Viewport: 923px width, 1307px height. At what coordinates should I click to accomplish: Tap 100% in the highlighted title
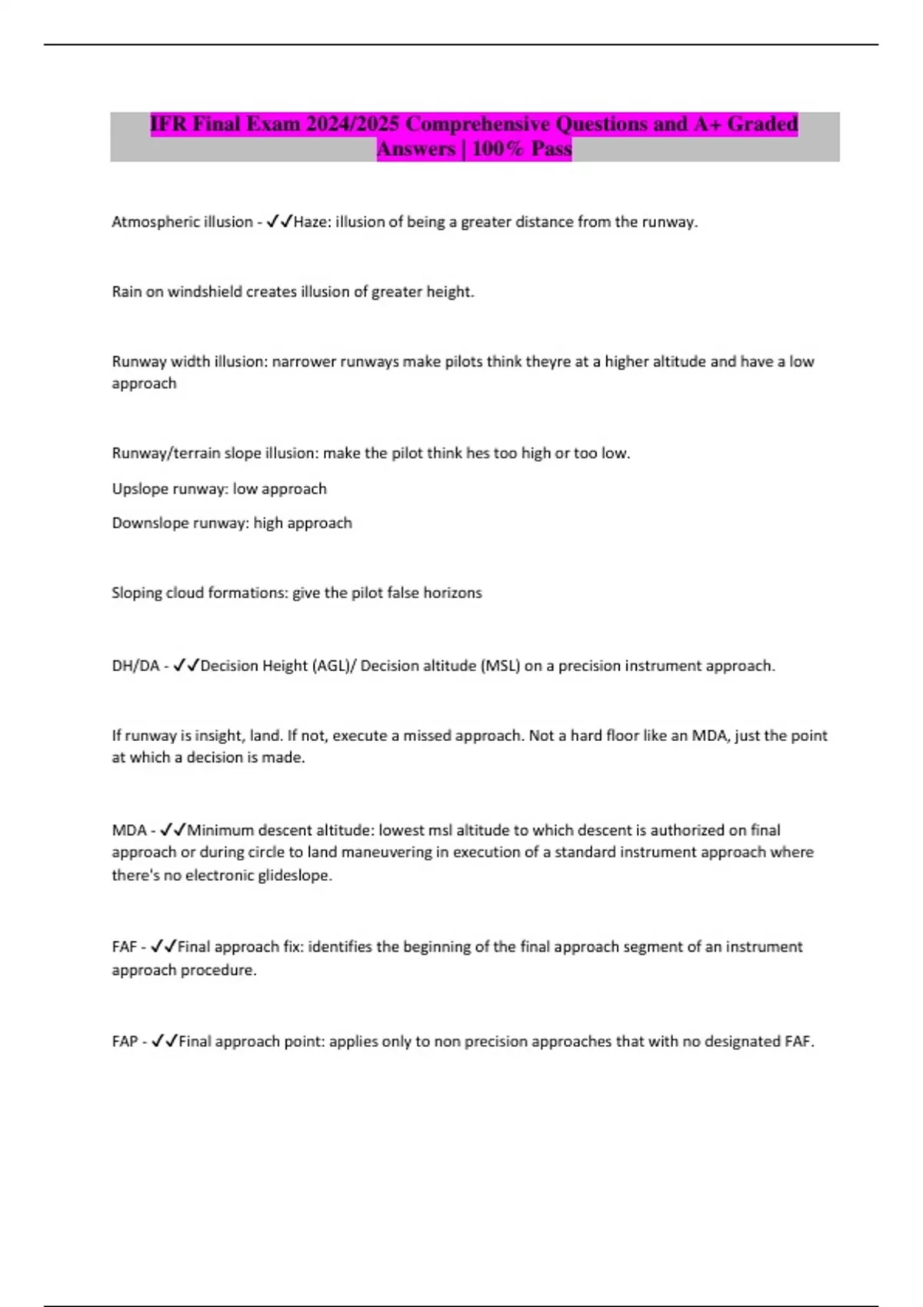click(x=497, y=148)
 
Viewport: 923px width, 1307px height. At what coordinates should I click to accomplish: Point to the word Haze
click(x=309, y=222)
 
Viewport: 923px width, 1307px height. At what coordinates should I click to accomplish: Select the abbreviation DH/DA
click(x=135, y=666)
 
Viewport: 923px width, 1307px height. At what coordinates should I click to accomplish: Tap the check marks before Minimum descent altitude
click(x=172, y=830)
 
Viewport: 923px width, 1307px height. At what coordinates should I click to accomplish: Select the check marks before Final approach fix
click(x=163, y=946)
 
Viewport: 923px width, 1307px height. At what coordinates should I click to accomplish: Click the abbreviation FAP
click(x=125, y=1042)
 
